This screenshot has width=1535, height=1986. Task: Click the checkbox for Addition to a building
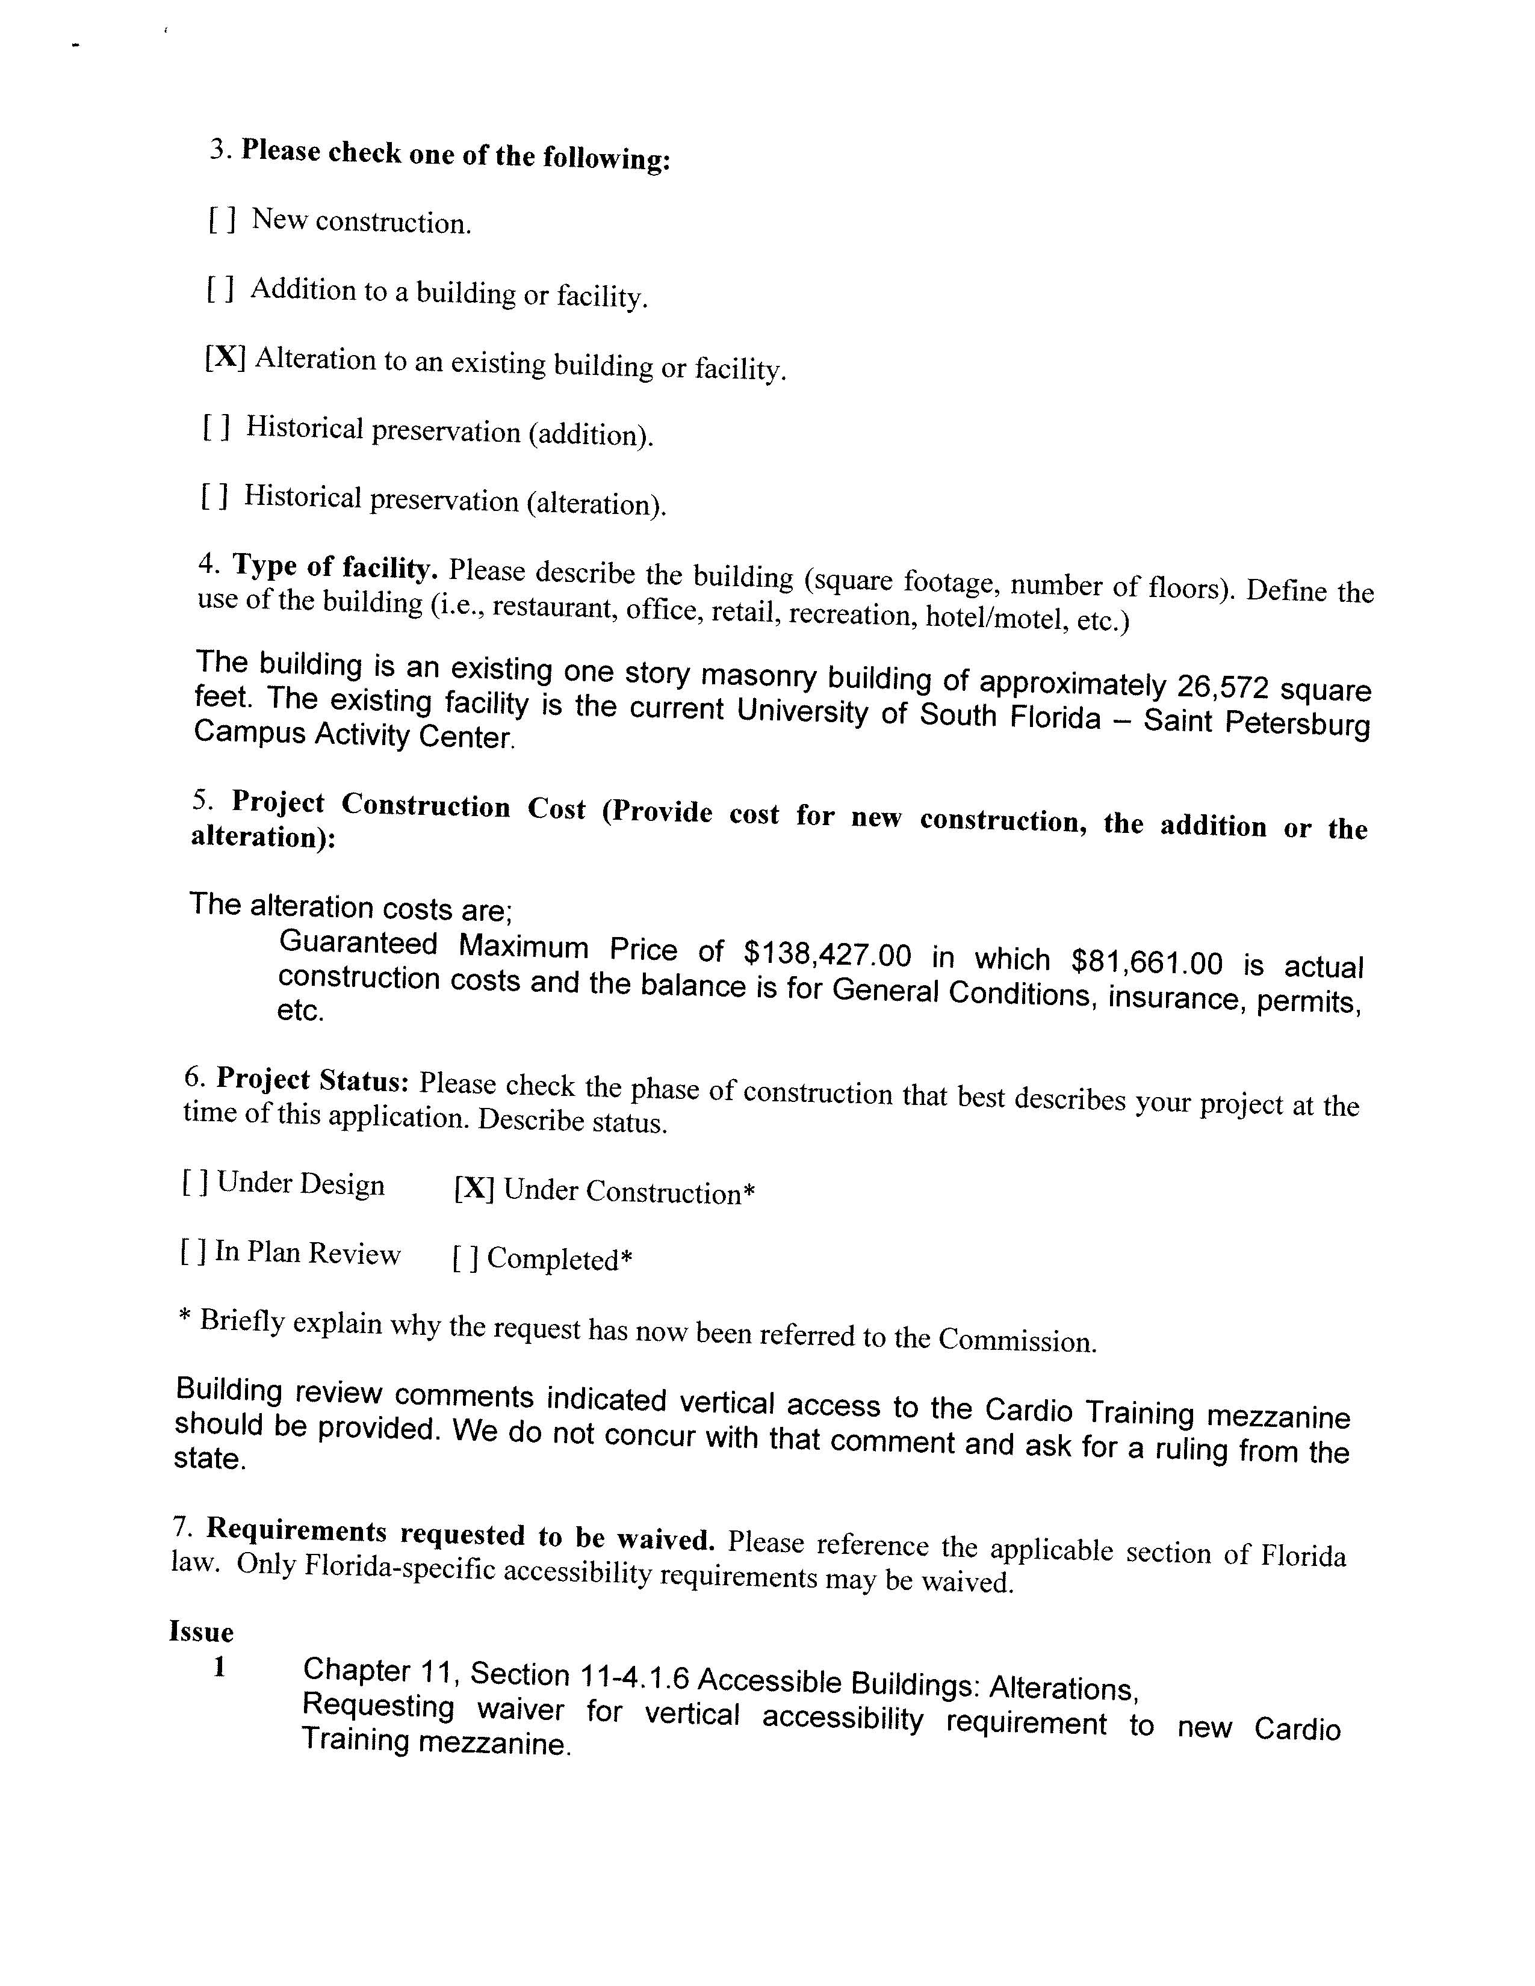coord(220,289)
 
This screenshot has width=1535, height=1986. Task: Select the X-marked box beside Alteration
coord(225,357)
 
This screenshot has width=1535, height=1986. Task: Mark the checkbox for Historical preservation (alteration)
coord(214,495)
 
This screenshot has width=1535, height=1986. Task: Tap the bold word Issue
coord(201,1632)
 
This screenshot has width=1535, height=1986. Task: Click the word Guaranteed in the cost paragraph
coord(358,943)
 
